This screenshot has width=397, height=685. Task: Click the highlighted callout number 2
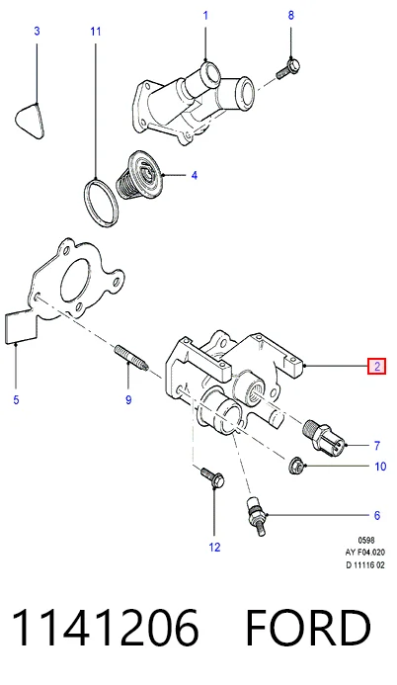click(x=377, y=366)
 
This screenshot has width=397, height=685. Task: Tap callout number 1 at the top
click(x=205, y=16)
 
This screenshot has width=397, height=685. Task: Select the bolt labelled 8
click(x=288, y=69)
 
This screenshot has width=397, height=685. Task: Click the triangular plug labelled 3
click(x=31, y=121)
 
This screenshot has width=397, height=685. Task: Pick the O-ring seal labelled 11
click(x=101, y=203)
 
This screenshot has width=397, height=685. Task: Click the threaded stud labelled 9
click(x=132, y=358)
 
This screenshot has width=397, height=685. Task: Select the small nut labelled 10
click(x=296, y=467)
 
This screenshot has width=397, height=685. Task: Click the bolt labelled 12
click(x=212, y=477)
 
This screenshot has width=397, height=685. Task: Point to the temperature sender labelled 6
click(x=257, y=516)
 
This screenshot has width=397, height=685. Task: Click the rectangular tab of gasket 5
click(x=21, y=327)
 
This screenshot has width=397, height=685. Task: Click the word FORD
click(x=308, y=628)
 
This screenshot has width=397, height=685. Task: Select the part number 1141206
click(x=106, y=628)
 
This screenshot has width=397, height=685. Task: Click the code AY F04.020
click(x=365, y=553)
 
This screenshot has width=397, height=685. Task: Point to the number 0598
click(x=366, y=541)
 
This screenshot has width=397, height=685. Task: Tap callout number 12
click(x=214, y=547)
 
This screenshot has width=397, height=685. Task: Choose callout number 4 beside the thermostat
click(x=195, y=176)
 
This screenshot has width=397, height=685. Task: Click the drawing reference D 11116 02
click(x=365, y=564)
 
